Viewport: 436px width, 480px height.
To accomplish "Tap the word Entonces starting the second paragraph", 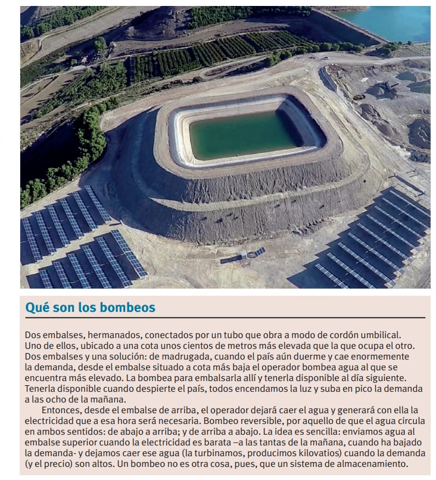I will pos(63,410).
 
